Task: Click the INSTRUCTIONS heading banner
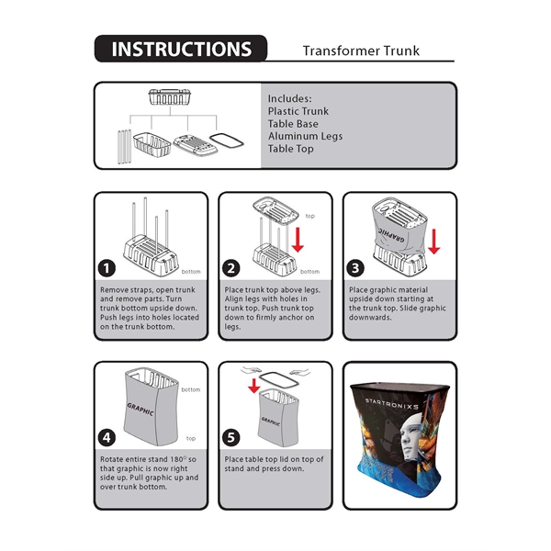[x=180, y=50]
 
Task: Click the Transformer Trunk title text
[x=361, y=51]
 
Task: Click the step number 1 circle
[x=108, y=268]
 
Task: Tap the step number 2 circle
[x=232, y=268]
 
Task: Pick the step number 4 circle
[x=108, y=436]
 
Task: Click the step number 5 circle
[x=232, y=436]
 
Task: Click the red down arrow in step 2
[x=298, y=239]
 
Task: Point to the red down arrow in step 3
[x=433, y=242]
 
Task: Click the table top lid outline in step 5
[x=273, y=376]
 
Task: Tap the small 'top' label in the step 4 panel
[x=190, y=439]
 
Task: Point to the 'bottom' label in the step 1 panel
[x=191, y=272]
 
